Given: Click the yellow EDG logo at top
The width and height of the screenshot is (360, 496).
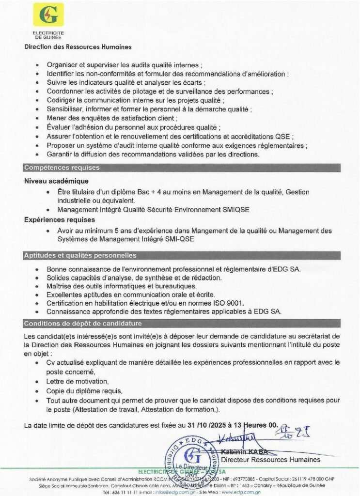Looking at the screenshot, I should click(48, 15).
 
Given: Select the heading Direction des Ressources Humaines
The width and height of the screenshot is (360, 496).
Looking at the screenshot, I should click(78, 47).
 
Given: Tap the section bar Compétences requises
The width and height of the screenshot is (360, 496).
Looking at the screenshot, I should click(62, 168).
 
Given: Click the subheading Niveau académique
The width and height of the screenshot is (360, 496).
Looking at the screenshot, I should click(54, 181).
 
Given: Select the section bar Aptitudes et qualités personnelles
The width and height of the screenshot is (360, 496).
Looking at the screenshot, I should click(80, 255).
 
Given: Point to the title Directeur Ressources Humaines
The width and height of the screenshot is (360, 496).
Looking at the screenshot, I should click(271, 459).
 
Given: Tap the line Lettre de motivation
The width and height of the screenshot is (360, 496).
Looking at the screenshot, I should click(78, 382).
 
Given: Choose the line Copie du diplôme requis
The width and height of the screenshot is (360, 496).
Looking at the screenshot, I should click(84, 391).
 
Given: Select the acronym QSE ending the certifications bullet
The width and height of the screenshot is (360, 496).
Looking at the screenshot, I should click(296, 136).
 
